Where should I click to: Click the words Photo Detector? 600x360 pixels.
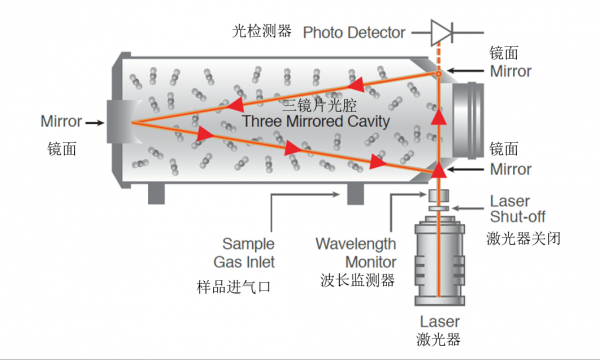click(353, 32)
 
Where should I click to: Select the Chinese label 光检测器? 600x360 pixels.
click(261, 32)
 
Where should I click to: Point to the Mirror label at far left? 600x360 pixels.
click(61, 122)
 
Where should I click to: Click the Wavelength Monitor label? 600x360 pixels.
click(356, 252)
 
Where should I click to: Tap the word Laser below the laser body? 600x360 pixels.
click(438, 321)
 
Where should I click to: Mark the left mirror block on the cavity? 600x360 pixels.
click(118, 123)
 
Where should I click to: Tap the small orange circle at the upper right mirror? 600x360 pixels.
click(438, 74)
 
